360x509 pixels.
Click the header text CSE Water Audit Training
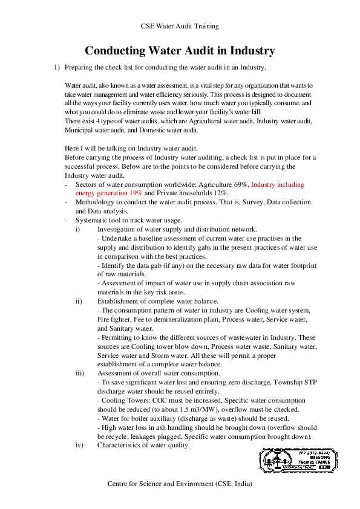[180, 27]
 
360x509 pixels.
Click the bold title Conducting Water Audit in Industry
[180, 51]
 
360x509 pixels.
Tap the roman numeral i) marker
[77, 229]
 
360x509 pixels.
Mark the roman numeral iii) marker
[79, 374]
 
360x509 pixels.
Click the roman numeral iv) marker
[79, 446]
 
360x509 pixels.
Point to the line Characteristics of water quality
[143, 446]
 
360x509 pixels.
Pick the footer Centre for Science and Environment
[180, 484]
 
